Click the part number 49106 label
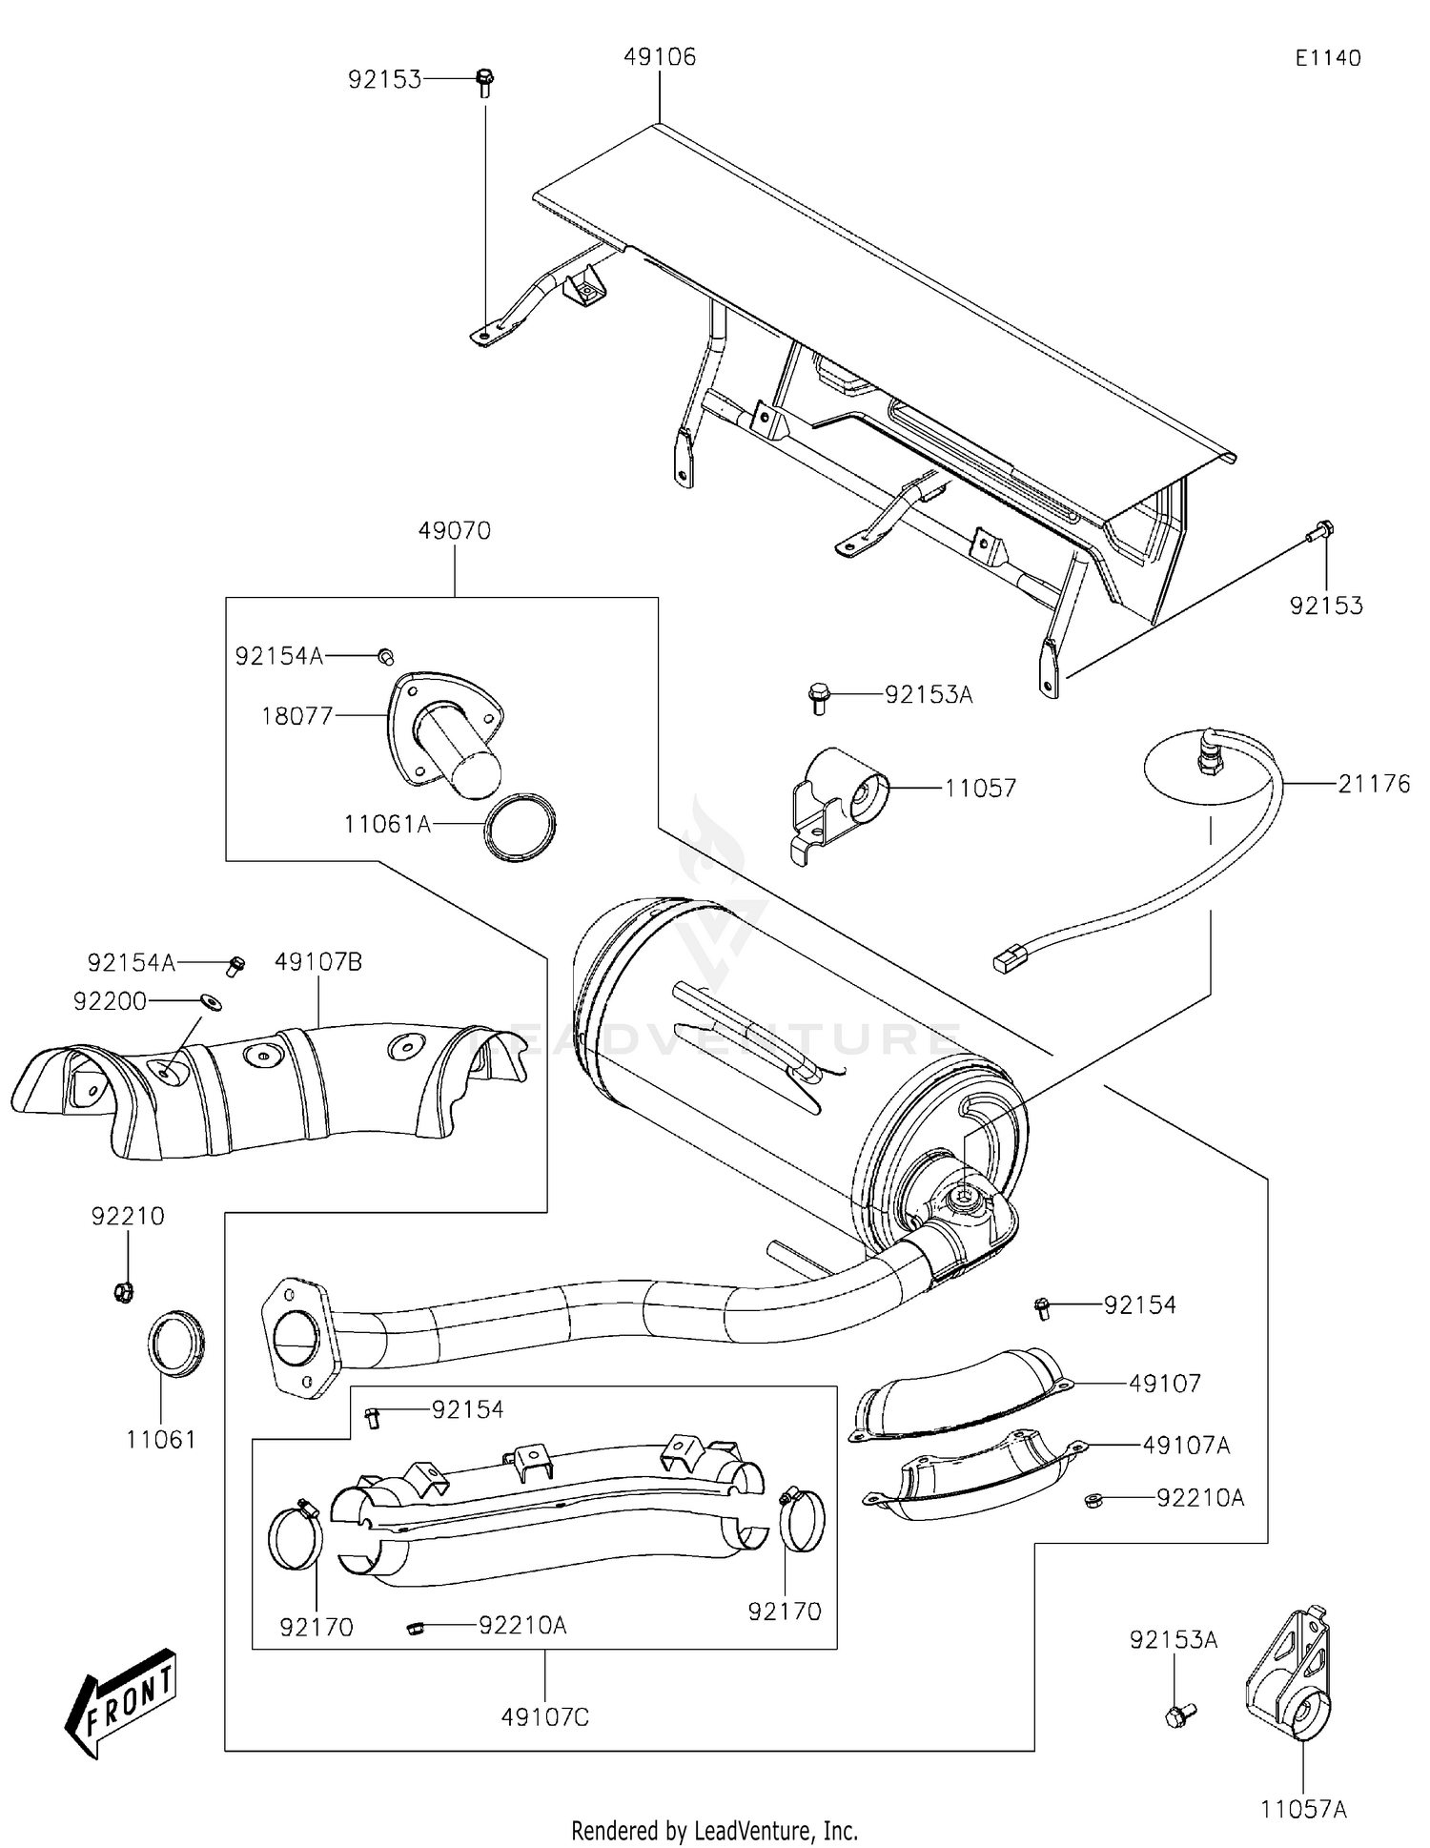click(660, 57)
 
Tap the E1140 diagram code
click(1327, 57)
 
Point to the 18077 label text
click(296, 715)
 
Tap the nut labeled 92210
click(123, 1292)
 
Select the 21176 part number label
click(1374, 784)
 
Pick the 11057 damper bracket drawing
click(839, 796)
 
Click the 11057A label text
click(1303, 1809)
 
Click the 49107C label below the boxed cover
click(545, 1717)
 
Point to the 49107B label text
click(318, 962)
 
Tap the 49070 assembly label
click(454, 531)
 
